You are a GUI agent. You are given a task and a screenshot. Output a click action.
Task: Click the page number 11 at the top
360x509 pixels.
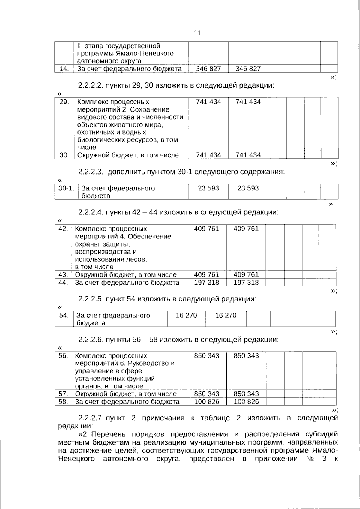tap(198, 33)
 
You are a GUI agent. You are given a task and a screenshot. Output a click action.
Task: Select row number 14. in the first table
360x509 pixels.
tap(64, 69)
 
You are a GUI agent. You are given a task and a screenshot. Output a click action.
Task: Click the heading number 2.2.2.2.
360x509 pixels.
tap(90, 85)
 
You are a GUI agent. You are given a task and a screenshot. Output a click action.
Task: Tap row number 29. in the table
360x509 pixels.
tap(64, 102)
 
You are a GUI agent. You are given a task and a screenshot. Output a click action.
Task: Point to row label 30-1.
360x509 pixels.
tap(66, 189)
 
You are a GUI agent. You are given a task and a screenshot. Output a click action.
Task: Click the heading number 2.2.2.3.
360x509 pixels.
tap(91, 172)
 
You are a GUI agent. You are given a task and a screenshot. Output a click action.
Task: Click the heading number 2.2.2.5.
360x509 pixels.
tap(90, 299)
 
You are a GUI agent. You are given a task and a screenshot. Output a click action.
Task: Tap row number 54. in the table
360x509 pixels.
tap(64, 316)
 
